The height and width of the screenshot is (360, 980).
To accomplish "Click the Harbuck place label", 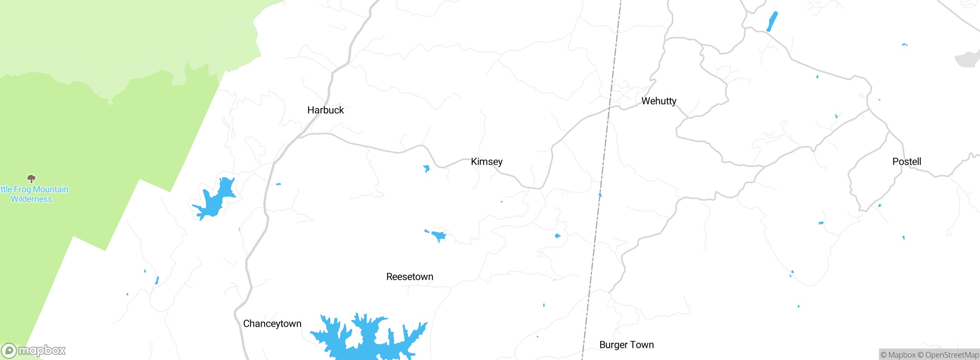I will [x=325, y=110].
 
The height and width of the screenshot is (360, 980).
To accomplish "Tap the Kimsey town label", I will [x=487, y=162].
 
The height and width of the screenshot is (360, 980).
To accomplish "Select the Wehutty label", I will [x=659, y=101].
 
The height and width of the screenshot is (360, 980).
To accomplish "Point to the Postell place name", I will [x=906, y=162].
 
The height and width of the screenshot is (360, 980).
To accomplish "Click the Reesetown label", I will [x=410, y=277].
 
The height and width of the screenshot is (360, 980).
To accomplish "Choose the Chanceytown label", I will [x=272, y=324].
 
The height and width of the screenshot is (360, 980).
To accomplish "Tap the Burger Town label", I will [x=626, y=345].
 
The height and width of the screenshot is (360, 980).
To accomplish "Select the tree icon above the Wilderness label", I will [x=31, y=178].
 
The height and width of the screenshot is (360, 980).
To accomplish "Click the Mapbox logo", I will [x=34, y=350].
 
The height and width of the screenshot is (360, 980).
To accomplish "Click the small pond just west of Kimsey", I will [x=426, y=169].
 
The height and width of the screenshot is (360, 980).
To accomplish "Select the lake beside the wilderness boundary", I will [x=216, y=199].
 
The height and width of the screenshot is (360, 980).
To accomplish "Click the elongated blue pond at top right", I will [x=772, y=21].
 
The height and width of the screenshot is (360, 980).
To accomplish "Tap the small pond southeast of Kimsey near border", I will [x=558, y=236].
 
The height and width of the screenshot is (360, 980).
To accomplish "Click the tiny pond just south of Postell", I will [x=879, y=206].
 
